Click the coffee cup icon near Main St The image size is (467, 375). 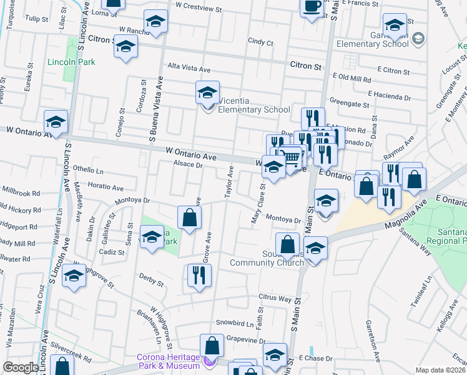312,7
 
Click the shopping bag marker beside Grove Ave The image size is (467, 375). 189,218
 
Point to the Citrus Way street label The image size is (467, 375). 276,299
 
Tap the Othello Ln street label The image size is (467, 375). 88,169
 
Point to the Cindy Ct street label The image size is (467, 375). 260,42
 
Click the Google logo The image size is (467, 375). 21,367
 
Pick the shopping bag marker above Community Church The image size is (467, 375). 287,244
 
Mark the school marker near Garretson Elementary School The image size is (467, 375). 394,26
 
